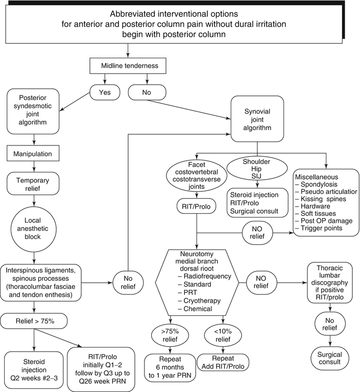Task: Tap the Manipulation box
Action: [x=34, y=153]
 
